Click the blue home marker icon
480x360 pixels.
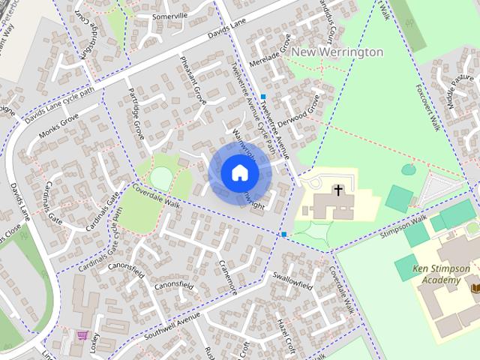[x=239, y=173]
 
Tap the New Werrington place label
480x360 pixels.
[x=337, y=52]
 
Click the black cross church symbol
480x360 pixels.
[x=338, y=190]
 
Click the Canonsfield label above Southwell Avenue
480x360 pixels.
[x=174, y=286]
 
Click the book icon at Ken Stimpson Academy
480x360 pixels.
[x=474, y=287]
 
